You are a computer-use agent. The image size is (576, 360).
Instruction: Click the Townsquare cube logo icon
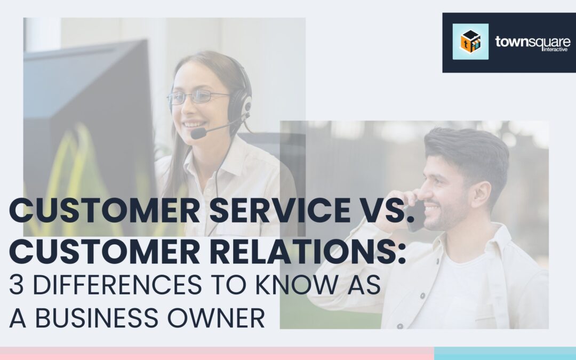(x=470, y=42)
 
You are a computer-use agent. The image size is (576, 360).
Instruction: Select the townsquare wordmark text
(x=533, y=41)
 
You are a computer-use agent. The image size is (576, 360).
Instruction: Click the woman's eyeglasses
(x=198, y=97)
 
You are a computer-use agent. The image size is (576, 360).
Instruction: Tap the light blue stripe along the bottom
(x=505, y=354)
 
